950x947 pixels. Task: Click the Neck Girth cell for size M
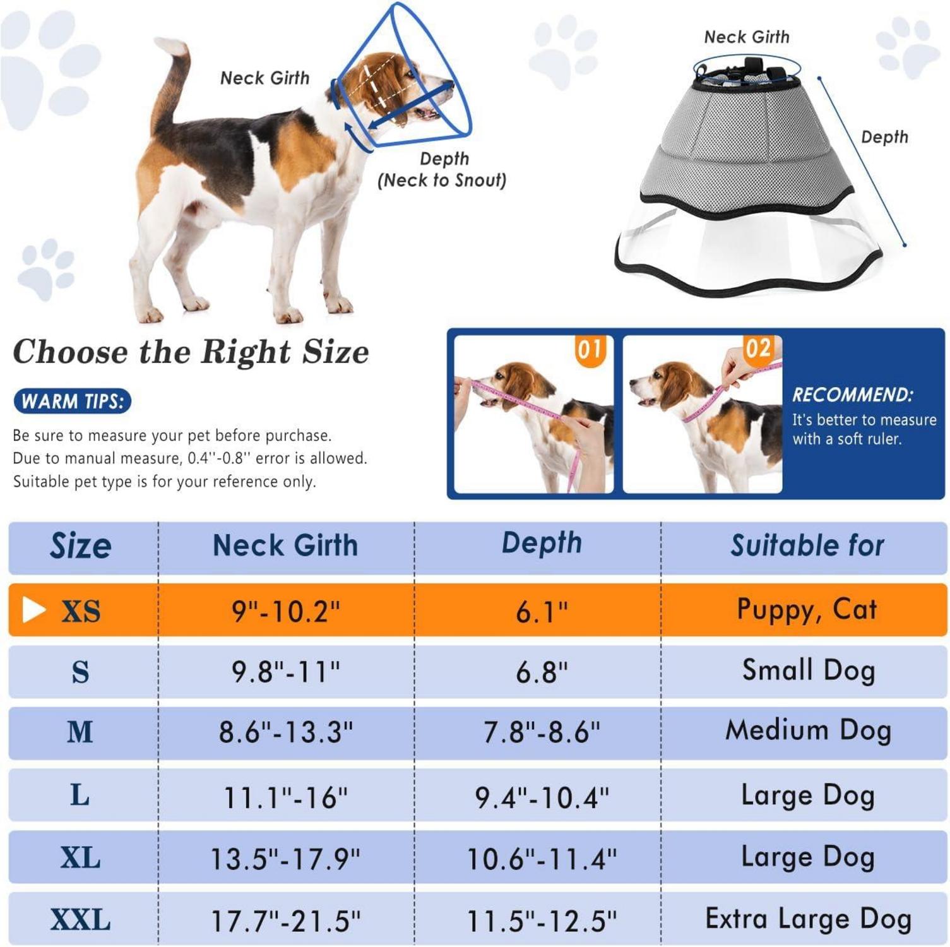[x=286, y=732]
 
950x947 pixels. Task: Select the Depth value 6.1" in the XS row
[x=542, y=611]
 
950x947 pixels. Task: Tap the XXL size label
[x=80, y=919]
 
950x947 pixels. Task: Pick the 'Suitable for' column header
[x=807, y=545]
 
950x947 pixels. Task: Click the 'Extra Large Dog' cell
[x=808, y=919]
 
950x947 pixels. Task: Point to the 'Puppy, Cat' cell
[x=807, y=610]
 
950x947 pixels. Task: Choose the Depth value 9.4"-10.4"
[x=542, y=797]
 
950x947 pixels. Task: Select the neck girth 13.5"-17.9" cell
[x=285, y=859]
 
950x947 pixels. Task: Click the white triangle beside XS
[x=33, y=610]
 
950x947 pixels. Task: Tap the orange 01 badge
[x=590, y=349]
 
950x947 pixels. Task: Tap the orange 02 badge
[x=758, y=348]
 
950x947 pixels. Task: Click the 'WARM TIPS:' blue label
[x=72, y=402]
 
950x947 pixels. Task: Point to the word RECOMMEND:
[x=853, y=395]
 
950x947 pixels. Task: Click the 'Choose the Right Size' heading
[x=191, y=352]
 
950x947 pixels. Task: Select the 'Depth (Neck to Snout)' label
[x=442, y=169]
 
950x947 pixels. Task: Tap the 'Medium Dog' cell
[x=808, y=730]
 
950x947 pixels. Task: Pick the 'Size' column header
[x=81, y=545]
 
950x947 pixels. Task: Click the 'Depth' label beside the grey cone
[x=884, y=137]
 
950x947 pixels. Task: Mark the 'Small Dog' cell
[x=809, y=670]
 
